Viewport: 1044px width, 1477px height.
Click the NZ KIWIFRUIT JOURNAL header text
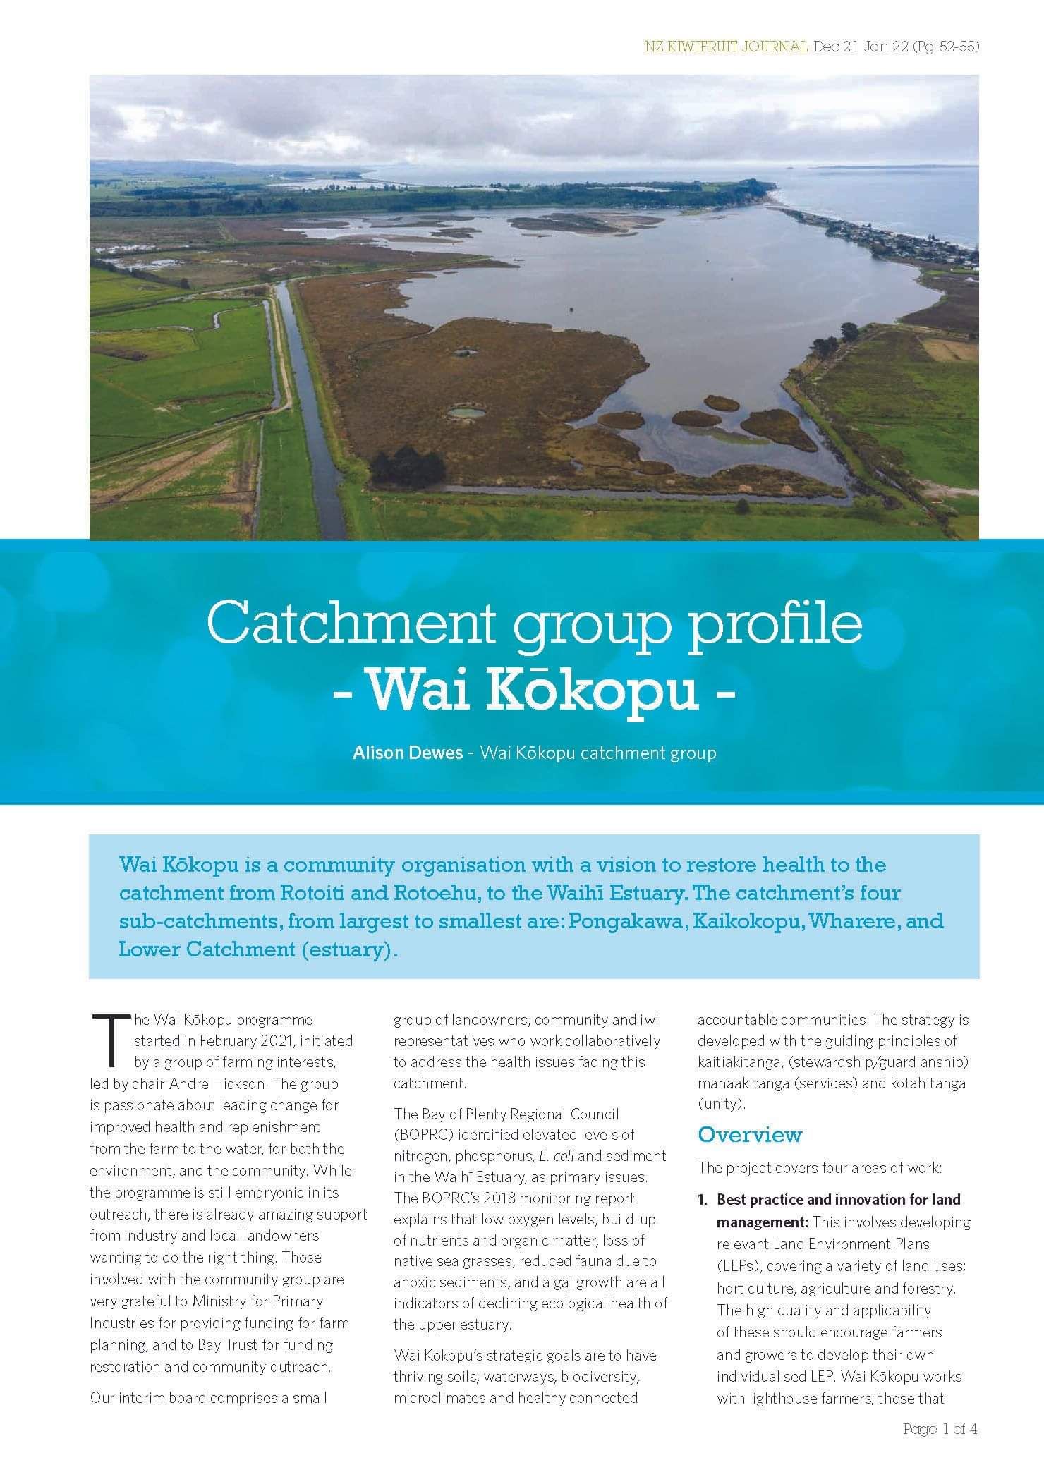click(726, 47)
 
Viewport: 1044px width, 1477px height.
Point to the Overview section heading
click(749, 1134)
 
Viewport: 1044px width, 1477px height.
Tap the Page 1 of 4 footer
click(940, 1430)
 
